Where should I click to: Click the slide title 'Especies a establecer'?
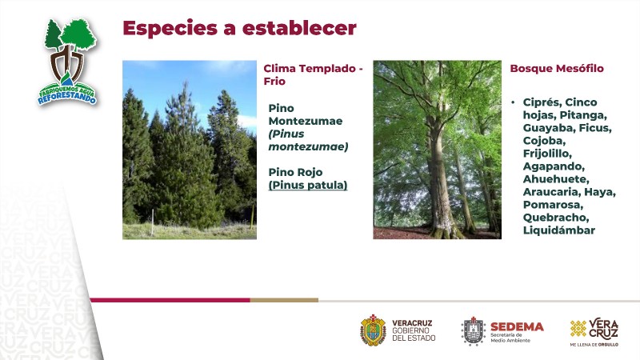point(239,28)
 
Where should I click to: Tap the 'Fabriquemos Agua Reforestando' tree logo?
point(68,62)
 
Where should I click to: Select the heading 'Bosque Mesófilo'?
point(557,69)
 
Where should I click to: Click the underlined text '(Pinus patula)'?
point(308,185)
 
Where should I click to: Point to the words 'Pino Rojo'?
point(295,172)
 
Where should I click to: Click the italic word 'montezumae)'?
point(308,146)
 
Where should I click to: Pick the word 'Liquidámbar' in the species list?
point(558,230)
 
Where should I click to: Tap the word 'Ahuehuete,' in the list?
point(556,179)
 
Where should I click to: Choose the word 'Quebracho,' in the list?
point(556,218)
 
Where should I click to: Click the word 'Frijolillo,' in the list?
point(547,154)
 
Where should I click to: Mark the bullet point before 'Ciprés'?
point(513,102)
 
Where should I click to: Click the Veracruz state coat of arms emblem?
point(373,330)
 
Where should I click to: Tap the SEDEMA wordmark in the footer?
point(517,326)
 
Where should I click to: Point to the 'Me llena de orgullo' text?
point(594,345)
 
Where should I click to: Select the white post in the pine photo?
point(153,222)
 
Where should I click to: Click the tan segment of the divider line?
point(284,300)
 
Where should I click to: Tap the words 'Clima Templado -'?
point(313,69)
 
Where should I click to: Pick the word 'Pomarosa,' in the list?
point(553,205)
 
